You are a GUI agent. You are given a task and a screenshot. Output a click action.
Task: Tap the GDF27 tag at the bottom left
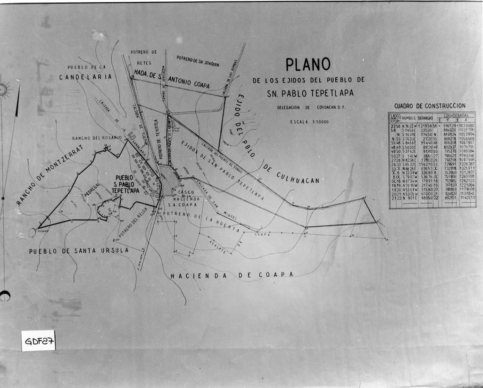[x=38, y=340]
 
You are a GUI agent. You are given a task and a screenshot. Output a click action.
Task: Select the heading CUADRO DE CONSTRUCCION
[x=430, y=106]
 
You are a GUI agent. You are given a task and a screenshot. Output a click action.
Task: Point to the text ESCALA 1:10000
[x=309, y=122]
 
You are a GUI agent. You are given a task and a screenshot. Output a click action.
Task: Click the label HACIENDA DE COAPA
[x=232, y=275]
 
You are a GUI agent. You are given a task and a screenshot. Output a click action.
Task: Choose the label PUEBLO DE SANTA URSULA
[x=79, y=251]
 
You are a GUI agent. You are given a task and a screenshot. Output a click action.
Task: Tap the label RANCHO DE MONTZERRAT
[x=50, y=175]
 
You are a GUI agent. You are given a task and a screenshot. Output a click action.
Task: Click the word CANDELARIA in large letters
[x=85, y=77]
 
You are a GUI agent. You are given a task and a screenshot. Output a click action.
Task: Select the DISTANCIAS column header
[x=425, y=117]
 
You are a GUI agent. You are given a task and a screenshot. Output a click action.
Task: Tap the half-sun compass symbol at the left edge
[x=4, y=89]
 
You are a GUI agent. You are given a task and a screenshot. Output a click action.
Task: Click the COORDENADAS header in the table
[x=456, y=115]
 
